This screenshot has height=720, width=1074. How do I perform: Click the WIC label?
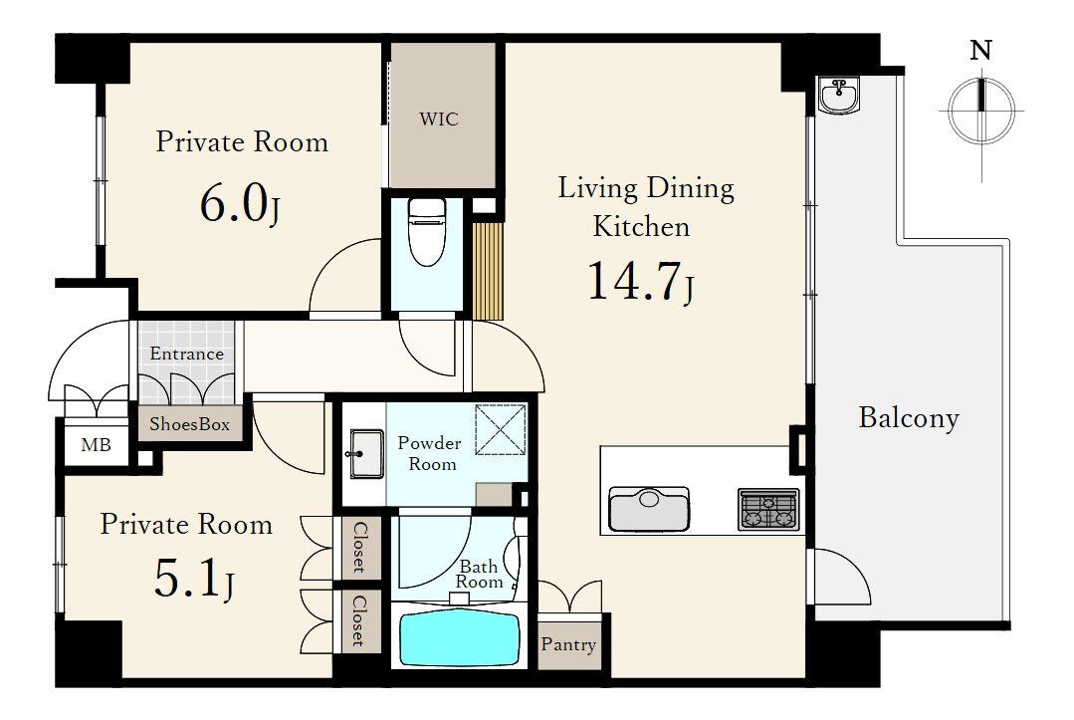click(438, 120)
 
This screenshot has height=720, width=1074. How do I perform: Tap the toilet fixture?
click(426, 232)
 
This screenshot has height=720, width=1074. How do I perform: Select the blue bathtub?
click(459, 637)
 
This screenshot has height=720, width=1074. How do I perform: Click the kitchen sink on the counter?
click(649, 509)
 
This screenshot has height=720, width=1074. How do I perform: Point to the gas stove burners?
click(768, 510)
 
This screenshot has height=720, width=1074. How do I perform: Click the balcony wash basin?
click(839, 96)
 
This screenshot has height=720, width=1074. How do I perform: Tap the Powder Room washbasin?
click(366, 453)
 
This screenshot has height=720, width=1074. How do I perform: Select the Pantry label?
click(568, 644)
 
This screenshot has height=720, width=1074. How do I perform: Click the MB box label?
click(96, 445)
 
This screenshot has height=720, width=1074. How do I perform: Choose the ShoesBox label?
click(190, 424)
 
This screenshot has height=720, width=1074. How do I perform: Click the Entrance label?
click(187, 354)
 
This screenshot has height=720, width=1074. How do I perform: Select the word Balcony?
click(909, 418)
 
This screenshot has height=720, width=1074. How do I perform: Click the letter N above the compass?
click(981, 50)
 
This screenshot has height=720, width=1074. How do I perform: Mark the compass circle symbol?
click(981, 111)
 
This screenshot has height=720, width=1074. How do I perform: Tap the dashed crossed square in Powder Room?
click(501, 429)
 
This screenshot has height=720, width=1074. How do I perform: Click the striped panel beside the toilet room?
click(489, 271)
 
